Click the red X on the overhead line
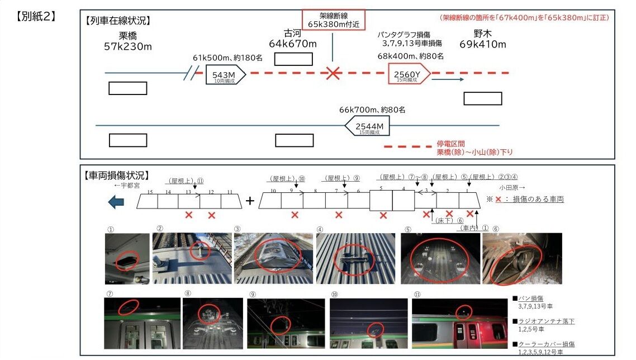pyautogui.click(x=334, y=73)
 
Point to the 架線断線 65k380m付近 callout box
pyautogui.click(x=333, y=20)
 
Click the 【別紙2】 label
pyautogui.click(x=37, y=16)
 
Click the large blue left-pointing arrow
pyautogui.click(x=116, y=201)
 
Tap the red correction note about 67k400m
pyautogui.click(x=524, y=18)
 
